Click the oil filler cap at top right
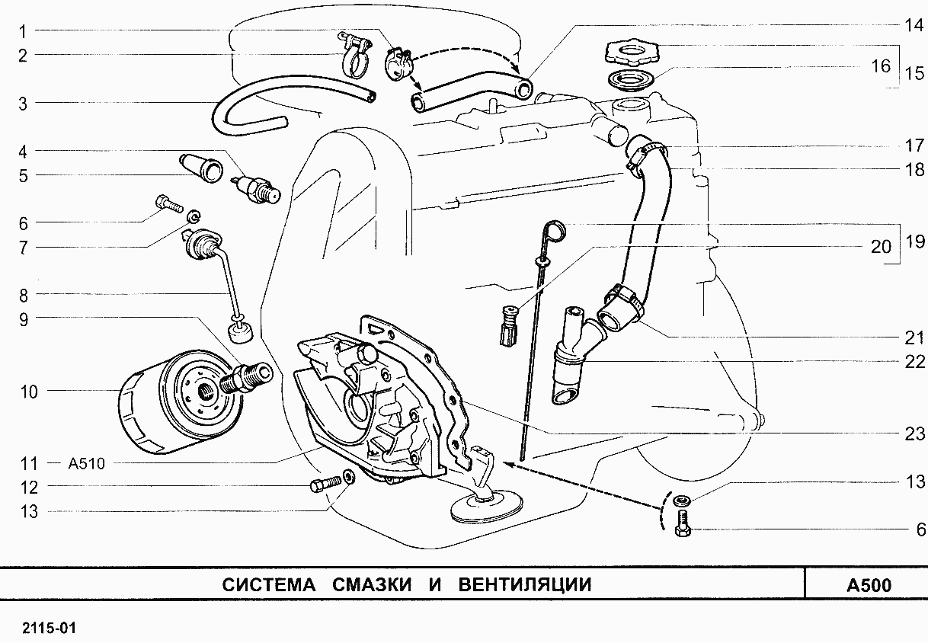[629, 53]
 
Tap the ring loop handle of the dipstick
[554, 228]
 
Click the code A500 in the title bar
[868, 585]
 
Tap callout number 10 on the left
[29, 392]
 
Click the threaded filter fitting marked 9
[246, 376]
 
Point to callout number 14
[913, 24]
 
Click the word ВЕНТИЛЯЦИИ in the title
[525, 584]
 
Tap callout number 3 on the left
[23, 103]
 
